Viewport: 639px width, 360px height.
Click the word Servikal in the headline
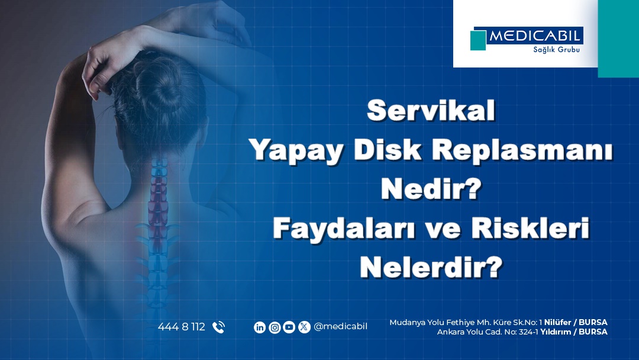(431, 111)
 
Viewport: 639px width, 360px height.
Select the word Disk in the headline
(387, 150)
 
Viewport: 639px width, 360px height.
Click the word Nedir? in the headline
(431, 189)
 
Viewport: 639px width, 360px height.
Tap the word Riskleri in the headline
(530, 228)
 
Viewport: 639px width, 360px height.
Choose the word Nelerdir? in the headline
(431, 268)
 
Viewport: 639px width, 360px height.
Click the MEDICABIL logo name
(535, 36)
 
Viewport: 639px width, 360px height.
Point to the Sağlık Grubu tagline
(556, 50)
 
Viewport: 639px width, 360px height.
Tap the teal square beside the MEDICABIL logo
(478, 40)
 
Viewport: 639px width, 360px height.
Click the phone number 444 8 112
(182, 327)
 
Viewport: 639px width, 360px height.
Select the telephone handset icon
(219, 327)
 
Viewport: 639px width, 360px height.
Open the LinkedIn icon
(260, 327)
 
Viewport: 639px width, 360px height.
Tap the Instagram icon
(275, 327)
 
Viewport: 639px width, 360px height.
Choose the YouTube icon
(289, 327)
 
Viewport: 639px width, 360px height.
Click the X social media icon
(304, 327)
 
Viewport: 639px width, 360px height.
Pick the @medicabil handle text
(340, 327)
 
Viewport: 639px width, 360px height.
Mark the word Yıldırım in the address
(556, 332)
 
